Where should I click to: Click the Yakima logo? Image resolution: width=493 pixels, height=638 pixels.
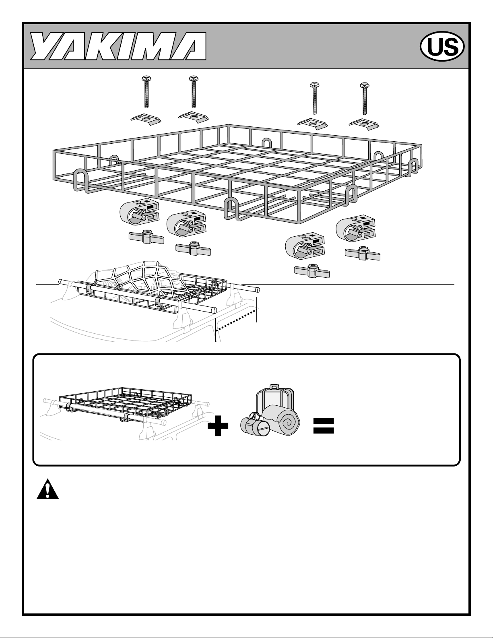[119, 46]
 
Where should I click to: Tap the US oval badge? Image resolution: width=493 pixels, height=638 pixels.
[442, 46]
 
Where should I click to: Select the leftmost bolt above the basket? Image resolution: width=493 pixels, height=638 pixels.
[146, 92]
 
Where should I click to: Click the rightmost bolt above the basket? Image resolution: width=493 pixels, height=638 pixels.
[364, 98]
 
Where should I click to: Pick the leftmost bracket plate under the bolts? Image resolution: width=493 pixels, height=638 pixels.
[146, 119]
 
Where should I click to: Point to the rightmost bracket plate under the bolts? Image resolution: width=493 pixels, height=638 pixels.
[364, 124]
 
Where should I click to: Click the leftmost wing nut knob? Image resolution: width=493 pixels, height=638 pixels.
[146, 237]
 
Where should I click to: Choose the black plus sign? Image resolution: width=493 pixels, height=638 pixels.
[218, 425]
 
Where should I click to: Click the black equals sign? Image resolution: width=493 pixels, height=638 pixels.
[324, 426]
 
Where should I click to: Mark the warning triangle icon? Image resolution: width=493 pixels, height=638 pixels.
[47, 489]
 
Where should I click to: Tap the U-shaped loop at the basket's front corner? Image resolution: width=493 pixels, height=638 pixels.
[232, 209]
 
